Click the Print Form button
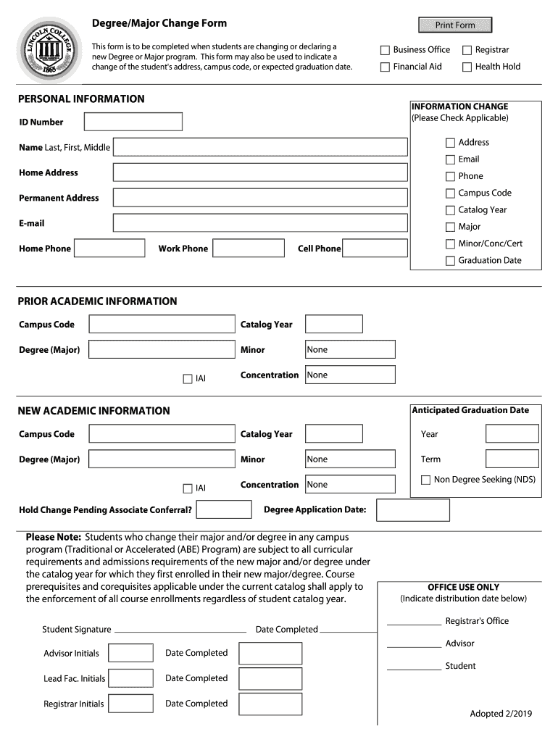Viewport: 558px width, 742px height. [x=455, y=25]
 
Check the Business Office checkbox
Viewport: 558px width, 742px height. [x=386, y=50]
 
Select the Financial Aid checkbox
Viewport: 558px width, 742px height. [x=386, y=67]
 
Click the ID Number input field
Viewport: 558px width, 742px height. [x=133, y=122]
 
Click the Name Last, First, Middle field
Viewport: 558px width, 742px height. [x=260, y=147]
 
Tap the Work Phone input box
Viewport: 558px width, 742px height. [x=249, y=249]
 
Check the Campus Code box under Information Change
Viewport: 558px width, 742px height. [x=450, y=193]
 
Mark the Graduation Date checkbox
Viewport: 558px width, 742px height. [x=450, y=261]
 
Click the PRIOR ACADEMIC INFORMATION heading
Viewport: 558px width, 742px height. [x=97, y=301]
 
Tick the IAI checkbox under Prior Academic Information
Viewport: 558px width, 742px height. [x=188, y=378]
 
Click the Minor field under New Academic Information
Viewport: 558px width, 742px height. [x=350, y=459]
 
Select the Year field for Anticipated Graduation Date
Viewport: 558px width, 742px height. [x=512, y=434]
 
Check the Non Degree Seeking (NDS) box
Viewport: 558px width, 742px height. [x=426, y=480]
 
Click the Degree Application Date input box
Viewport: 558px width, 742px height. [x=413, y=510]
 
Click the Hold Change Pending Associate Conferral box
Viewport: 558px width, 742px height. [x=224, y=510]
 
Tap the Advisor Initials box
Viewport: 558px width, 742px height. [x=130, y=654]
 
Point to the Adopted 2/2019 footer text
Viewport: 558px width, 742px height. [x=501, y=714]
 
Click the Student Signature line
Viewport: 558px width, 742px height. [x=180, y=630]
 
